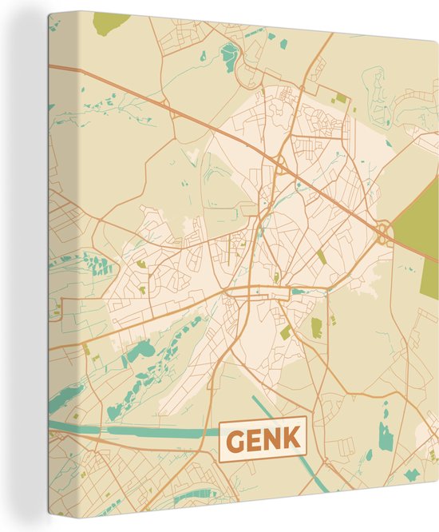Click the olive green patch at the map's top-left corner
(111, 22)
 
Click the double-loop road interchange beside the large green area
(384, 232)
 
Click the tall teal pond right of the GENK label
(386, 436)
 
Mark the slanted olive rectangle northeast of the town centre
(321, 256)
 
